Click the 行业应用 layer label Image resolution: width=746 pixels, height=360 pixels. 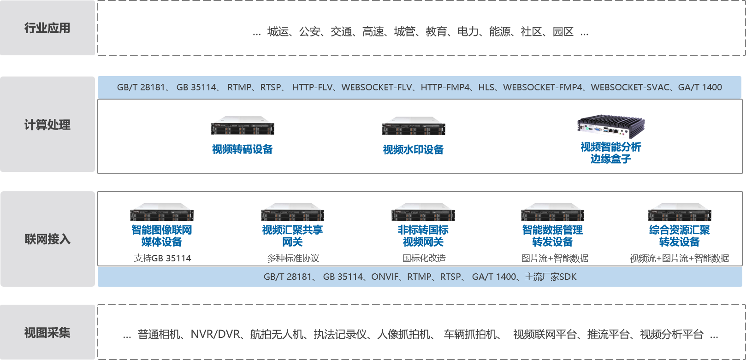pos(47,28)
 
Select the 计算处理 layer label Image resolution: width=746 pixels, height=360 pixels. pos(47,124)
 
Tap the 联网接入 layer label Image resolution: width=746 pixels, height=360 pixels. pos(47,239)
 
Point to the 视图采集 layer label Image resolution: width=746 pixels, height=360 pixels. pos(47,332)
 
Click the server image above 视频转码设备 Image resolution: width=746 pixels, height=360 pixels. pos(243,125)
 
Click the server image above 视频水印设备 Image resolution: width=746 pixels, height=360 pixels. pos(414,126)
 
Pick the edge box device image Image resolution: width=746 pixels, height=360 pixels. pos(611,126)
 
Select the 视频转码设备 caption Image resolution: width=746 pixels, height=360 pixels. pos(243,149)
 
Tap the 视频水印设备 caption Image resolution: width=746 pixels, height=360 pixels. pos(414,149)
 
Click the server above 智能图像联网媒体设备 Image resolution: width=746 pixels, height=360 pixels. pos(162,212)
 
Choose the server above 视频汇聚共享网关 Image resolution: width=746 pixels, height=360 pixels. pos(292,212)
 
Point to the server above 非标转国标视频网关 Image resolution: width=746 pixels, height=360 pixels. pos(423,212)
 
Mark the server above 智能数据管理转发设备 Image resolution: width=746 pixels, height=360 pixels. pos(552,212)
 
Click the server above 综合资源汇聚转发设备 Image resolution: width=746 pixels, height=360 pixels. pos(680,212)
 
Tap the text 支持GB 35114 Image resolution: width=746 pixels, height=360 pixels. pos(162,258)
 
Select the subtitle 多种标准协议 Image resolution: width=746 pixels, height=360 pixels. pos(293,258)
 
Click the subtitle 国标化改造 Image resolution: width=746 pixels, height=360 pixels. pos(424,258)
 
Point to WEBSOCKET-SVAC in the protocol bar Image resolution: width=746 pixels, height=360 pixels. pos(630,88)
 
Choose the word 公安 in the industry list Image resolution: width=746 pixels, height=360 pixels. pos(309,32)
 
